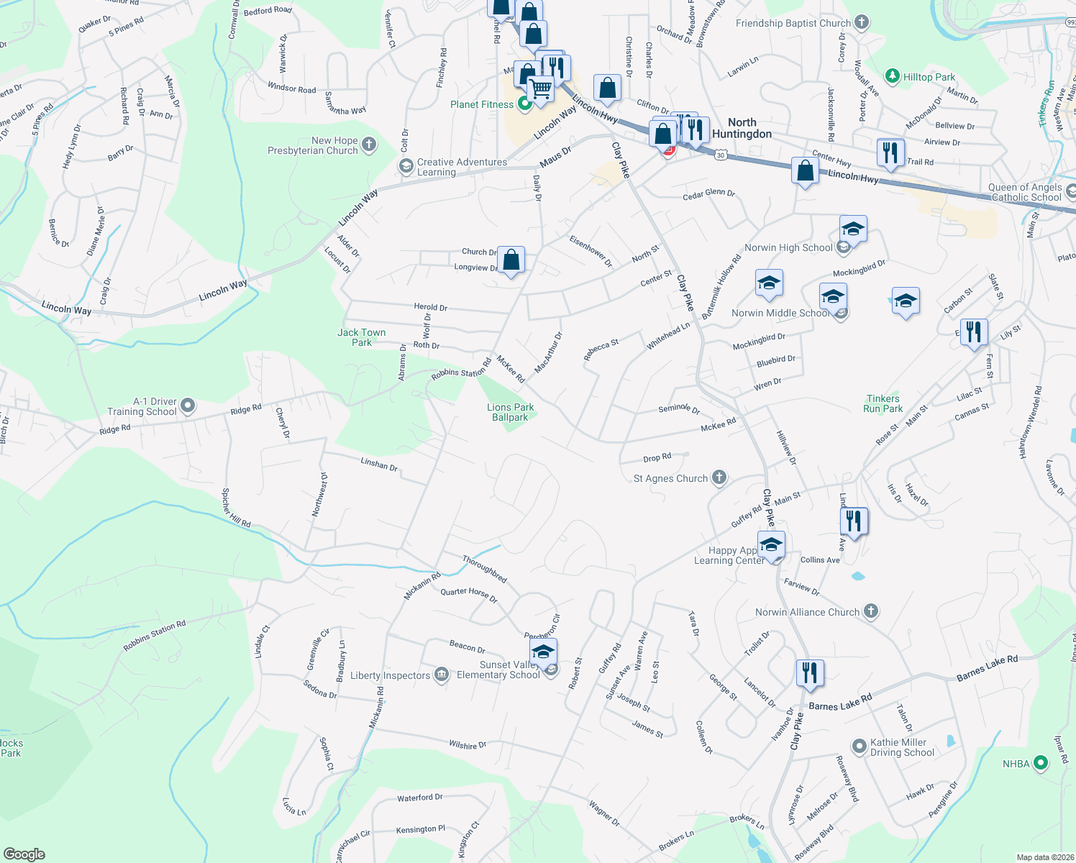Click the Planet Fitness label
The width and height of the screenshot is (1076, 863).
click(482, 105)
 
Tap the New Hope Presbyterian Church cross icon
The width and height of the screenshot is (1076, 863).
click(369, 145)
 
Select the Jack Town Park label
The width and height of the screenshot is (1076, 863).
click(362, 337)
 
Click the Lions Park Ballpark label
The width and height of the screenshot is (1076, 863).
click(510, 412)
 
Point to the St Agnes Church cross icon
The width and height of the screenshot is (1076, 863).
click(719, 478)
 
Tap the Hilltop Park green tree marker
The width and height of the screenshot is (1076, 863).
click(893, 76)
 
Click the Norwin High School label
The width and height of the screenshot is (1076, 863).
click(788, 247)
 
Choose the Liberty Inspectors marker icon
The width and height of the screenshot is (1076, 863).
click(442, 675)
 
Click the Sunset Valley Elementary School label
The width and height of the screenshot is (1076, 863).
click(498, 670)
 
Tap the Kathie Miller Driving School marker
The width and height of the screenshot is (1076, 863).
click(859, 746)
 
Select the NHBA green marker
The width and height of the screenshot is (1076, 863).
click(1041, 763)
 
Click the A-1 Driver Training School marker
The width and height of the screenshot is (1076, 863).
click(188, 406)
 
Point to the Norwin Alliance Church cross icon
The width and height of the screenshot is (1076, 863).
click(870, 612)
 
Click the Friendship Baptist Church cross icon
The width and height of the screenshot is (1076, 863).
click(862, 23)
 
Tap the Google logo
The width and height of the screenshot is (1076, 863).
click(24, 854)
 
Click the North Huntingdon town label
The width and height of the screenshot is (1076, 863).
click(742, 128)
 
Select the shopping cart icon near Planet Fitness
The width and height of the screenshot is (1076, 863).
click(540, 90)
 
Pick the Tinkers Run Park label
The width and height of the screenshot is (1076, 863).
click(883, 403)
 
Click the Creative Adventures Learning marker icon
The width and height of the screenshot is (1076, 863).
click(406, 166)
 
